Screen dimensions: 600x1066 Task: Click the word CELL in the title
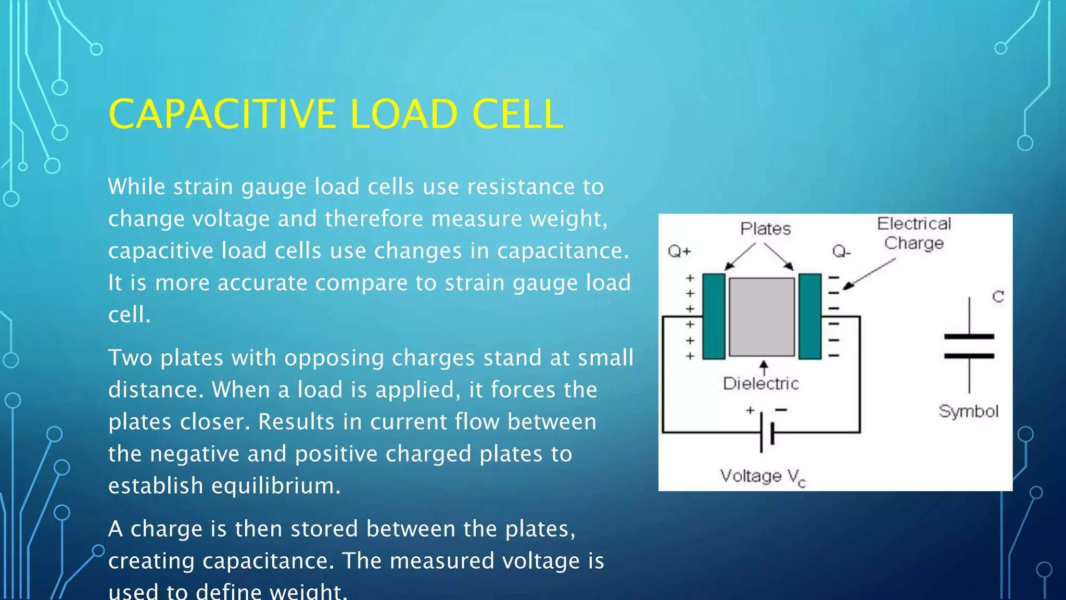517,114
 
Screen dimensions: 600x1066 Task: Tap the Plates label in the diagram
765,229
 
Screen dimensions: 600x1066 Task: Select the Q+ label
679,252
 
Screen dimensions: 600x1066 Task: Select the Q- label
841,252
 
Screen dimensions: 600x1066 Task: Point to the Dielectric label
760,384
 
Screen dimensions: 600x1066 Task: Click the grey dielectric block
762,317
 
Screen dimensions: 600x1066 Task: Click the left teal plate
714,316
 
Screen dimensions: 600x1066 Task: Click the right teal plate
810,316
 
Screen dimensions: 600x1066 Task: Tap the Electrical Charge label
914,233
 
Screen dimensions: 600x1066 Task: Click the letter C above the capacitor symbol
998,297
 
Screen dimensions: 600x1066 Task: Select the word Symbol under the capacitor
968,411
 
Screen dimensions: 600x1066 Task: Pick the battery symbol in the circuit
767,432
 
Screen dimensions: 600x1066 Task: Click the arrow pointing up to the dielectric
764,368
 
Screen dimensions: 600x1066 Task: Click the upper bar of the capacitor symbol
969,336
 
